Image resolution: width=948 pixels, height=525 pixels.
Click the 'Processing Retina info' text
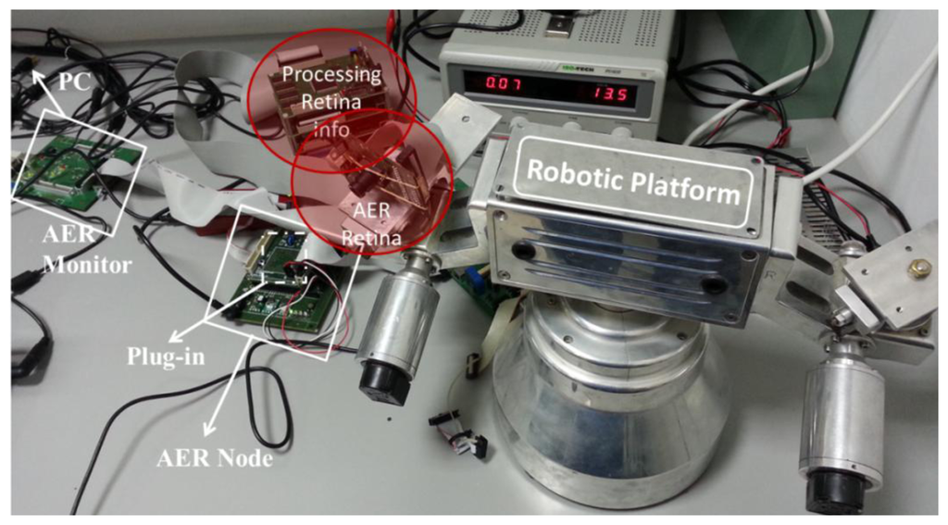331,102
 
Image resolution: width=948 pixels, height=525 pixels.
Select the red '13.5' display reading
607,94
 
